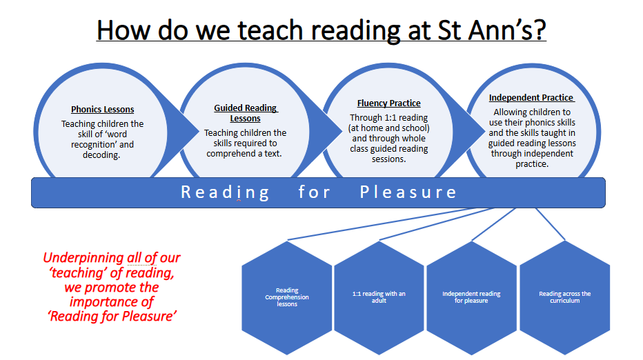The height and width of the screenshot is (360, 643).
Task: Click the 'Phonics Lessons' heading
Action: [x=103, y=110]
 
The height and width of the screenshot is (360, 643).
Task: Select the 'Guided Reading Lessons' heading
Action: [x=246, y=113]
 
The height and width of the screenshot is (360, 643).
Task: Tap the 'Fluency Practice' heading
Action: [x=388, y=103]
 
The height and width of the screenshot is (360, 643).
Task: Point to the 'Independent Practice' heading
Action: [x=531, y=97]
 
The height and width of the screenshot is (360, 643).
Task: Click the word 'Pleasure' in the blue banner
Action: [x=408, y=192]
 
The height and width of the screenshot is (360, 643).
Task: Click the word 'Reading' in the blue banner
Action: [x=225, y=192]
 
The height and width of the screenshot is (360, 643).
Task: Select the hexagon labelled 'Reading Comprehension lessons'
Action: [x=287, y=298]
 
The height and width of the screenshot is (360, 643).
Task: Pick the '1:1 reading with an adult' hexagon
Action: [x=379, y=298]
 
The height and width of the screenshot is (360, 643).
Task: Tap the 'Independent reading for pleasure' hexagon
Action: [x=472, y=298]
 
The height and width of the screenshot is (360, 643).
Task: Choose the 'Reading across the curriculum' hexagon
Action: [x=564, y=298]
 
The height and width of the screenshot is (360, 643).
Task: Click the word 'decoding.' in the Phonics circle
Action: [x=101, y=155]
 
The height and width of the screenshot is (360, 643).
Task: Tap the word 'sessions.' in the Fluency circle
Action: [x=388, y=159]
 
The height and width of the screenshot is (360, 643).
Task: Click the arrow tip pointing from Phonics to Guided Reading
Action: [x=199, y=132]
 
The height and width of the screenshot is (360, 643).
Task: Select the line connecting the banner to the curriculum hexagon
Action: [x=551, y=224]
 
